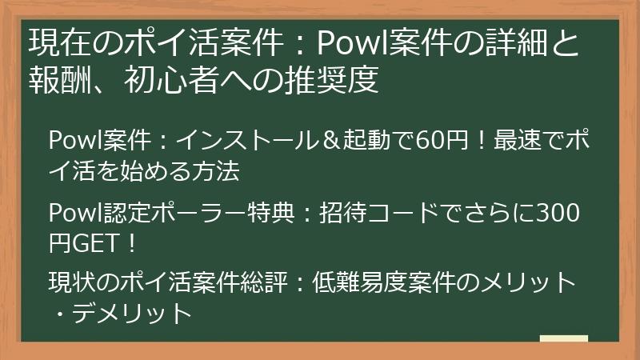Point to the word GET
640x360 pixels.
[x=95, y=242]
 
